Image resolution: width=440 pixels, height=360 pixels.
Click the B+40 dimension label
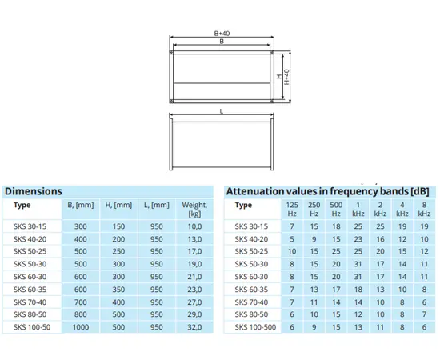(222, 34)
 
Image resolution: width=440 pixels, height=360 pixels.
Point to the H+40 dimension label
(286, 77)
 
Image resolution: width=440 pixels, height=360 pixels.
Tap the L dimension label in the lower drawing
(222, 111)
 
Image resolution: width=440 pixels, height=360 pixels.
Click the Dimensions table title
(34, 191)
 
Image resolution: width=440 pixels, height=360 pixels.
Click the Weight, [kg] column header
(194, 210)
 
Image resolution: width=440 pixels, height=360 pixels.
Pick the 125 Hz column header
(292, 210)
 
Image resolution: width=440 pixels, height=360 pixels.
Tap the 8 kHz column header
(424, 210)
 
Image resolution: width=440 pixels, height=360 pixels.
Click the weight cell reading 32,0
(194, 327)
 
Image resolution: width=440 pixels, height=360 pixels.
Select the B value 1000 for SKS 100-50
(81, 327)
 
